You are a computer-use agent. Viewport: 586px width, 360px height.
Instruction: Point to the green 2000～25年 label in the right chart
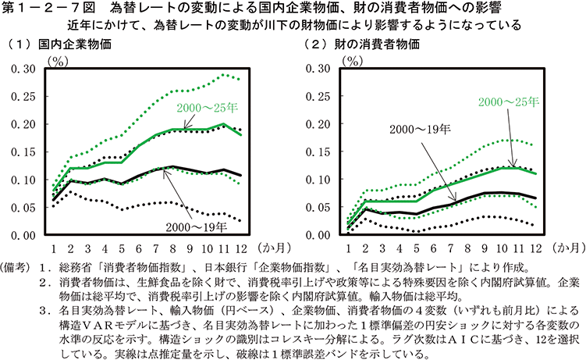tap(508, 102)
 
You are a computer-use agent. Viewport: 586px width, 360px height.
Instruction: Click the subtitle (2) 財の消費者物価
tap(359, 44)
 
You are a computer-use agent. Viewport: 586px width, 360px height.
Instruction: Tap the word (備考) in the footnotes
tap(17, 268)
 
